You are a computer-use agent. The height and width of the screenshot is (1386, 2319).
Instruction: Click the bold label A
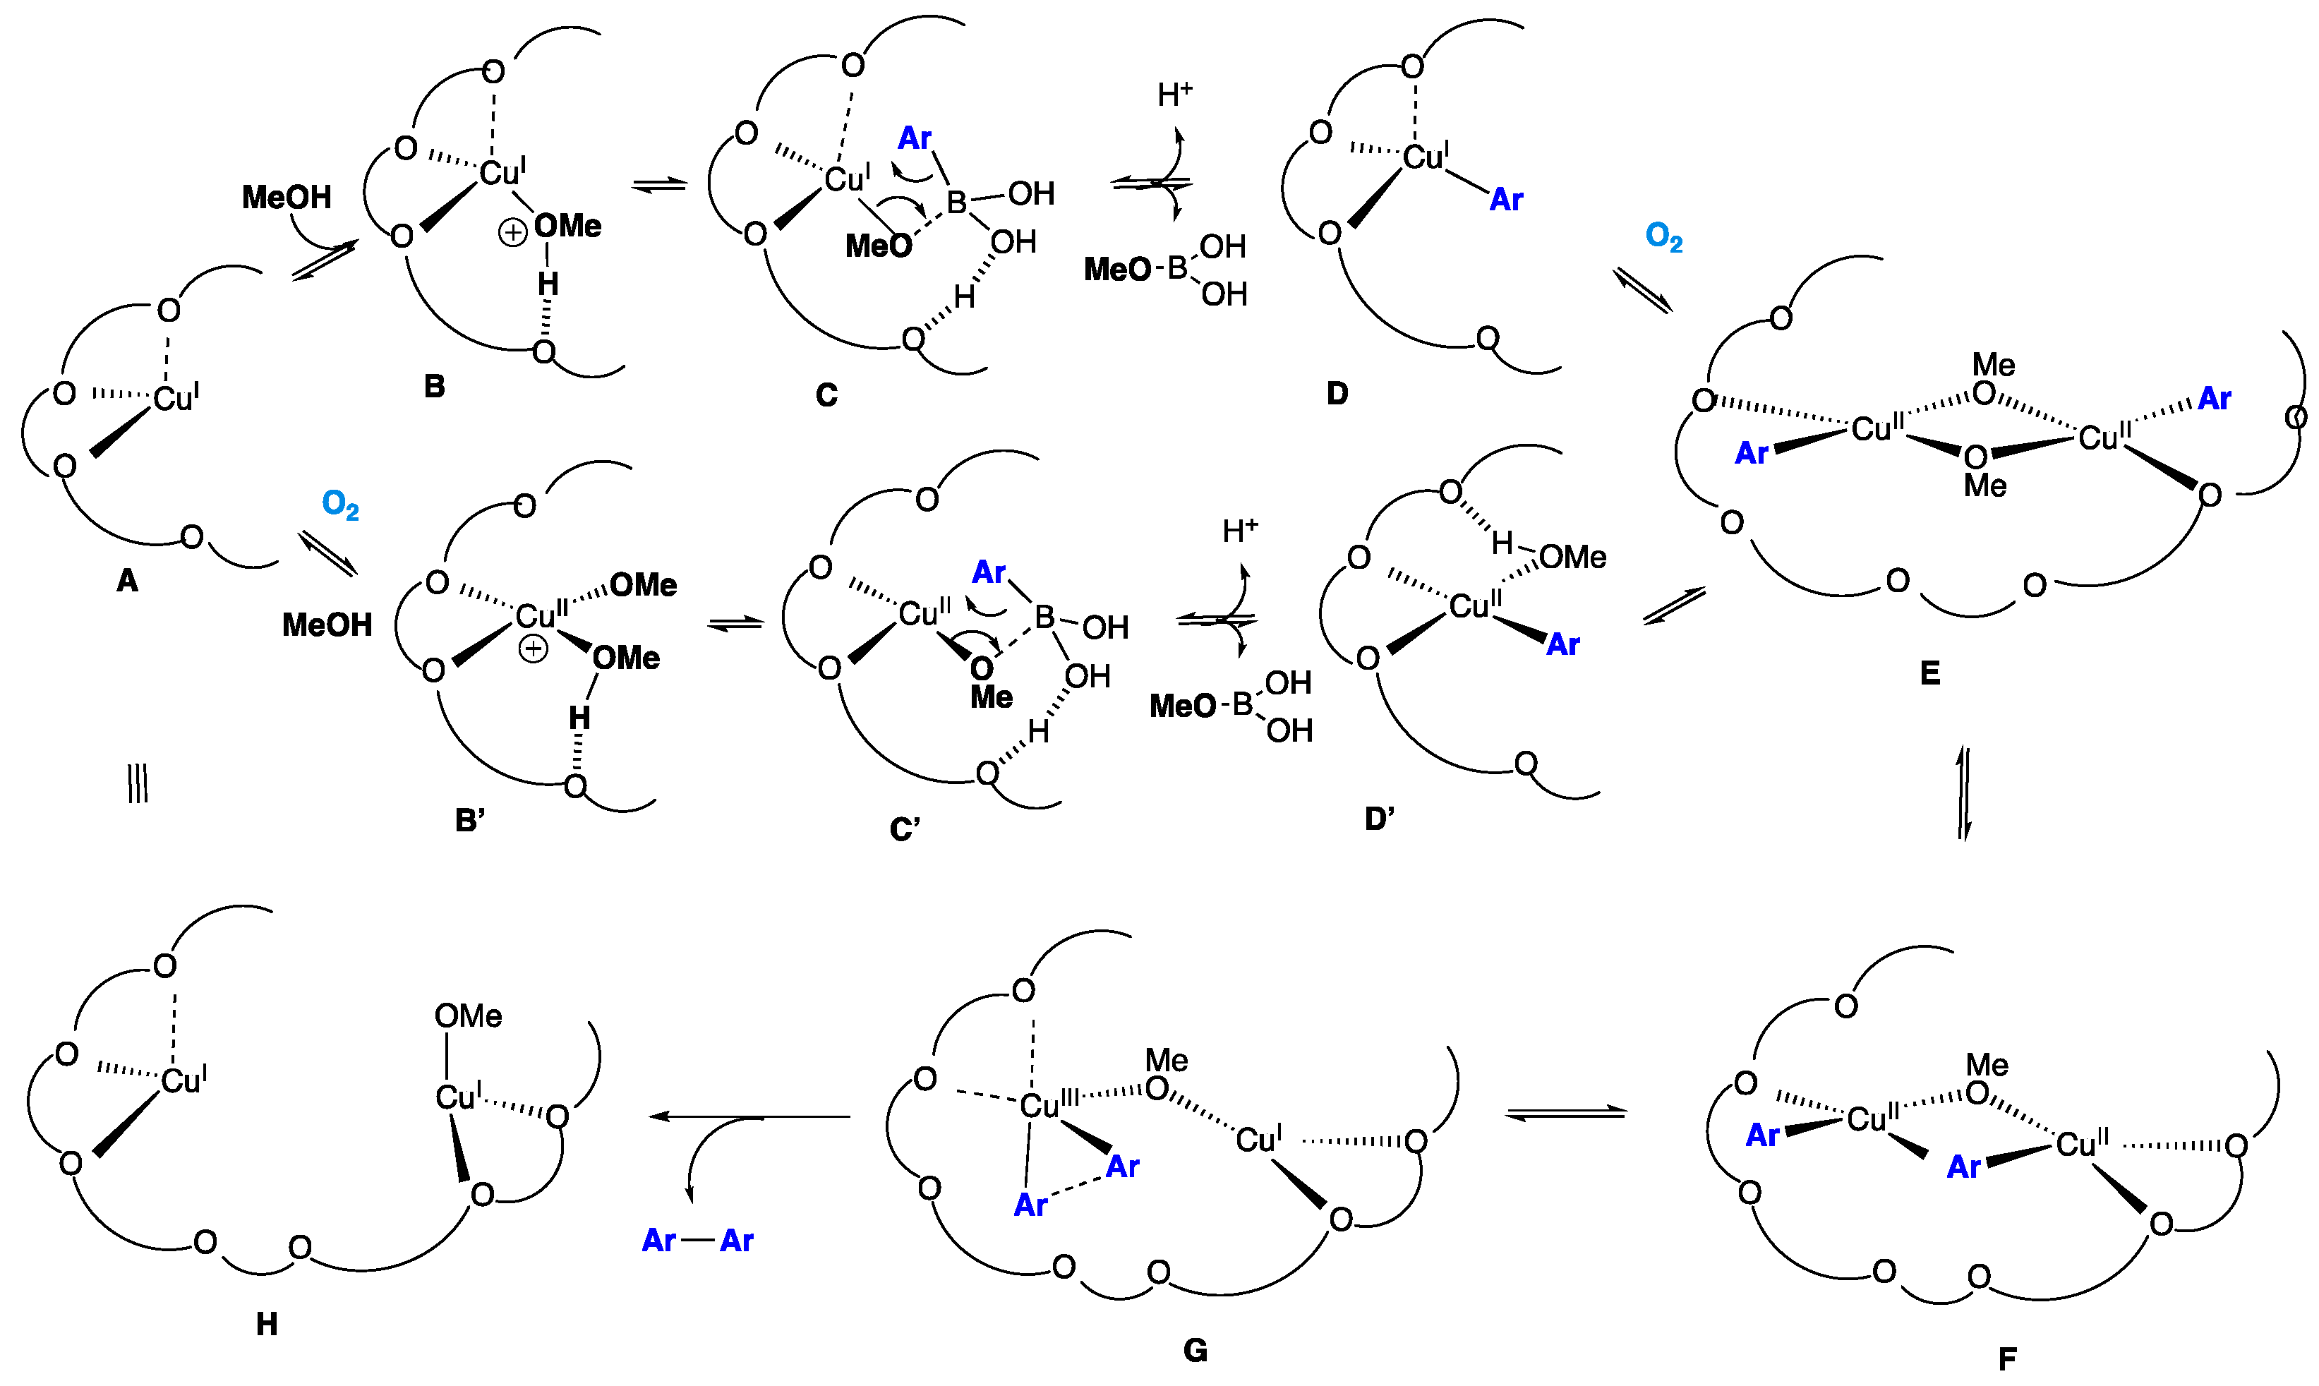coord(127,581)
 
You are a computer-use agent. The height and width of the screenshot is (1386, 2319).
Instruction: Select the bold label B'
coord(470,820)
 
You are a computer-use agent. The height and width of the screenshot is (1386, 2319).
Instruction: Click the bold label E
coord(1929,673)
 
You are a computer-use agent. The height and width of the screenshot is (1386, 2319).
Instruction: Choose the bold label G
coord(1195,1349)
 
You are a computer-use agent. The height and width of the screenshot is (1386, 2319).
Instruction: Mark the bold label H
coord(266,1323)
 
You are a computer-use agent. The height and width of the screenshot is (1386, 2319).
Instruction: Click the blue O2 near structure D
coord(1663,237)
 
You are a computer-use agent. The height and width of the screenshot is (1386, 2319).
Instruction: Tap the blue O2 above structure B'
coord(340,505)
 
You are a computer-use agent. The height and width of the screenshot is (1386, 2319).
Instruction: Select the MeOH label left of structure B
coord(287,197)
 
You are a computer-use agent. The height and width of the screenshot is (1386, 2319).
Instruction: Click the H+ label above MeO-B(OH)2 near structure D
coord(1175,95)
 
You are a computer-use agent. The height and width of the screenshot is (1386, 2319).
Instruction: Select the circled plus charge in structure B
coord(512,233)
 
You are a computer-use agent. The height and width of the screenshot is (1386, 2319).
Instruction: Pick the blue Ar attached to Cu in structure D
coord(1505,199)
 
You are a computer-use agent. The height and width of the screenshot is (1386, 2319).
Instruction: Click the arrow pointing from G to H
coord(747,1116)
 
